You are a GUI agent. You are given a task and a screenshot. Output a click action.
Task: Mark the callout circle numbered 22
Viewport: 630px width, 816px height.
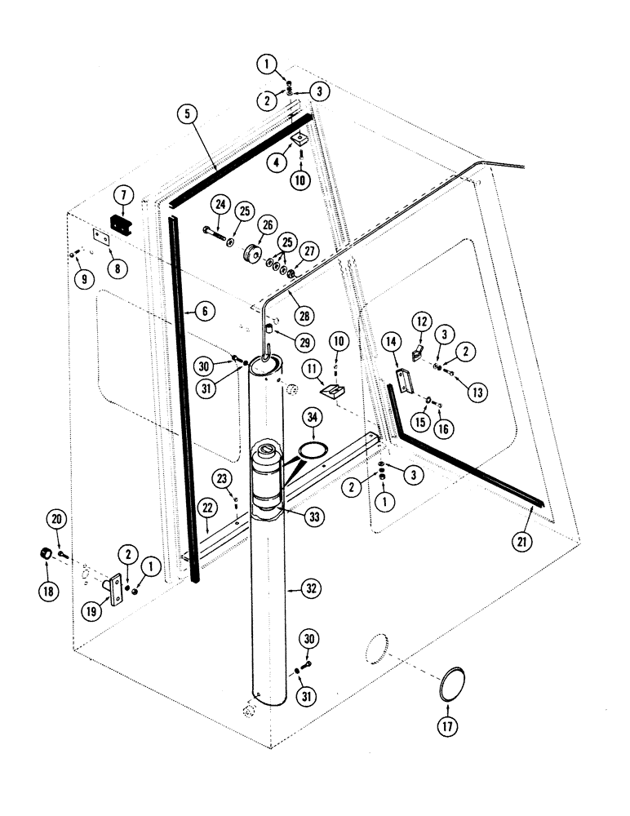pyautogui.click(x=208, y=508)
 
